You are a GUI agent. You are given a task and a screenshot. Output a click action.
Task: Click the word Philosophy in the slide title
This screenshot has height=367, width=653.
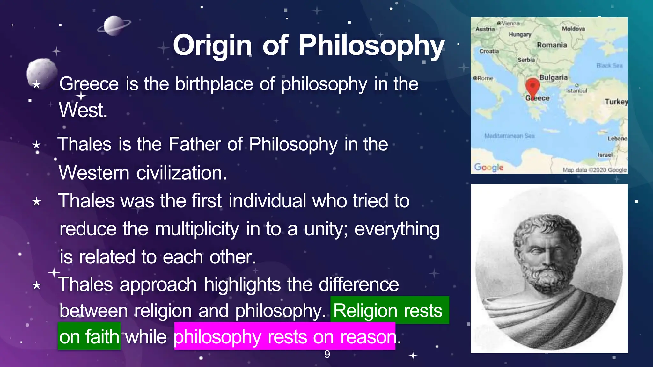pos(371,46)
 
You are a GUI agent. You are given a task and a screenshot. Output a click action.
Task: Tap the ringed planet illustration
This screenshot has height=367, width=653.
pos(114,26)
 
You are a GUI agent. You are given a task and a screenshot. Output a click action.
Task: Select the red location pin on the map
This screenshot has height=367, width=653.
pos(532,86)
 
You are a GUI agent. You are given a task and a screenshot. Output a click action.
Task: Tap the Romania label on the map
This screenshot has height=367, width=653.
pos(552,45)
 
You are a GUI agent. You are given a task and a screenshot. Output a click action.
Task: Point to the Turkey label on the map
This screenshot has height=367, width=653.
pos(616,102)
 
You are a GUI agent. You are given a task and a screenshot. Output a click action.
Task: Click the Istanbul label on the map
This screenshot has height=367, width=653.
pos(576,91)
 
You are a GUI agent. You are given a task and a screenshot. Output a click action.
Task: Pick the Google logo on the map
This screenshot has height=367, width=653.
pos(488,167)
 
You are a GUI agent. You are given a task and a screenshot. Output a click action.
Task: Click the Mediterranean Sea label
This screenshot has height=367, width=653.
pos(509,136)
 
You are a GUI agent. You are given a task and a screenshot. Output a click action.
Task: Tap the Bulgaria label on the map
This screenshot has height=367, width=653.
pos(553,78)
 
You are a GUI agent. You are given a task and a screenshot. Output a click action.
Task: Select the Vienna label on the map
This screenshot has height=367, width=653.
pos(510,24)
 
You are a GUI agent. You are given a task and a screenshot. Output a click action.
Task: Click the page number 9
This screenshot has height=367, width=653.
pos(327,354)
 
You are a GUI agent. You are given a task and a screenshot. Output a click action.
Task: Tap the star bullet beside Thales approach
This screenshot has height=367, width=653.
pos(37,285)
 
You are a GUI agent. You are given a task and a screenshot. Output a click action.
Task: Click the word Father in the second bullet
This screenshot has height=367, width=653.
pos(194,144)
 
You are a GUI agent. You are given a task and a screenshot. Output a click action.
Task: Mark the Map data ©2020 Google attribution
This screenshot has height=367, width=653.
pos(594,170)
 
